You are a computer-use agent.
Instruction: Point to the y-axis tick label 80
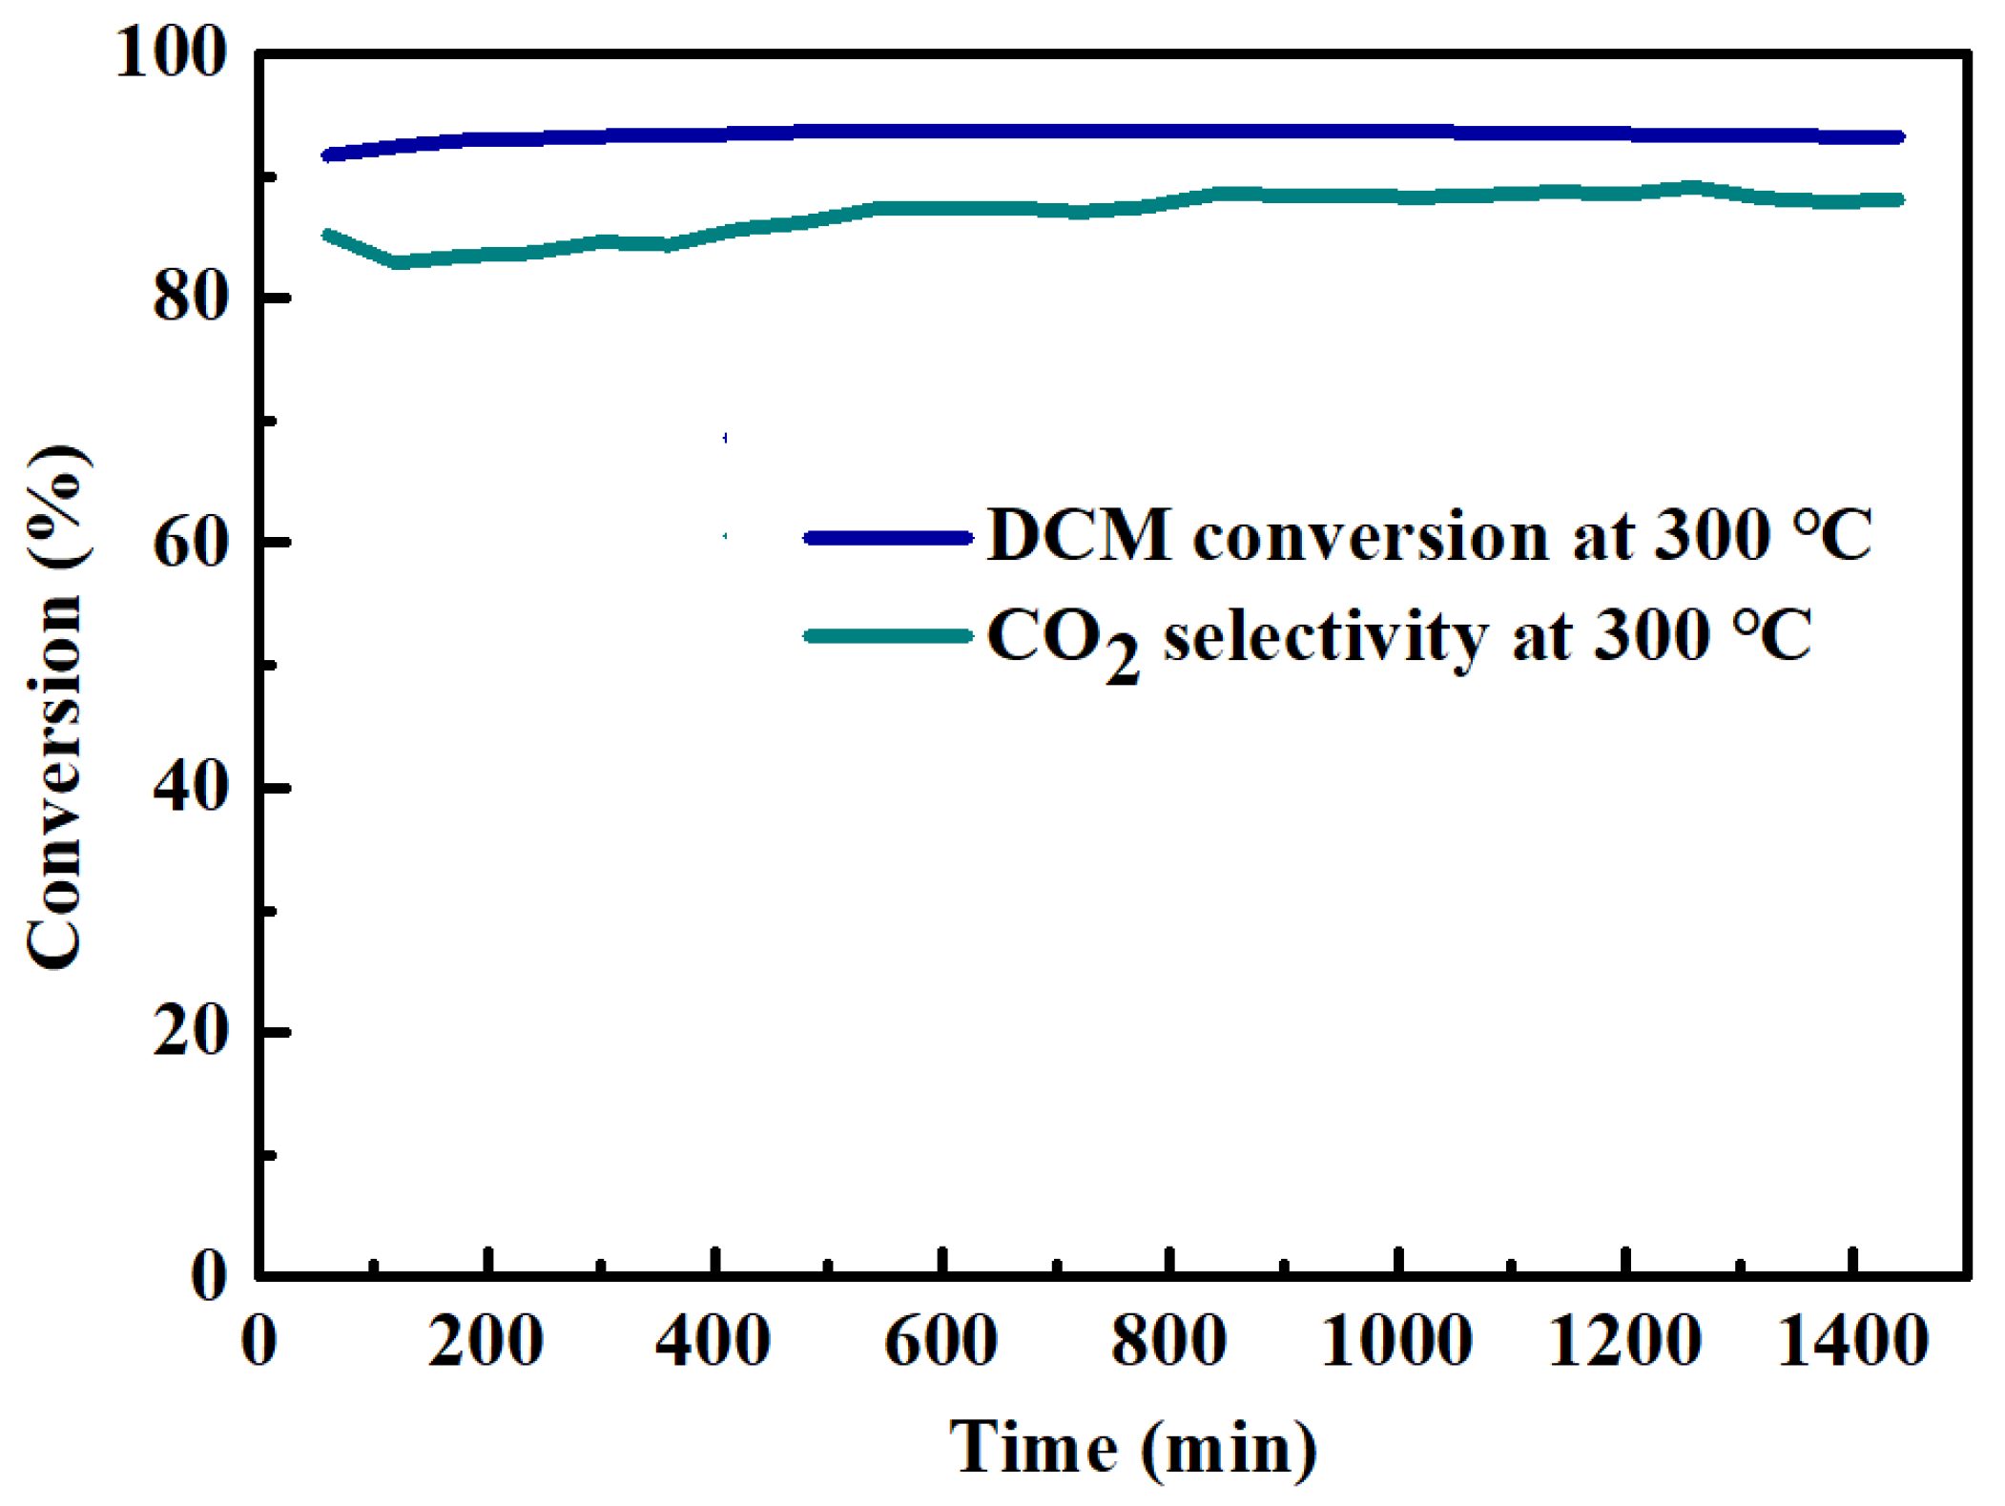(x=191, y=298)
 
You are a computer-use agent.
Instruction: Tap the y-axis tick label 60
(x=191, y=543)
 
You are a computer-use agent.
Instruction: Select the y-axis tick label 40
(x=191, y=788)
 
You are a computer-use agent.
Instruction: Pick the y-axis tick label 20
(x=191, y=1031)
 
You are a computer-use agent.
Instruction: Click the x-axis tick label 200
(x=486, y=1340)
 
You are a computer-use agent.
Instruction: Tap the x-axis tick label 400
(x=713, y=1340)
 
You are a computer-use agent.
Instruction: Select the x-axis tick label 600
(x=941, y=1340)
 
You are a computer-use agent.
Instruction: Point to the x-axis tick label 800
(x=1168, y=1340)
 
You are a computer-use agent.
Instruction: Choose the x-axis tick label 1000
(x=1396, y=1340)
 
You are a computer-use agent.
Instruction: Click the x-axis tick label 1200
(x=1624, y=1340)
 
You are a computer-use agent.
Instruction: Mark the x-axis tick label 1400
(x=1852, y=1340)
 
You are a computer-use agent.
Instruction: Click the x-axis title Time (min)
(x=1133, y=1448)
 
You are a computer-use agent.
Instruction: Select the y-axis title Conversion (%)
(x=55, y=706)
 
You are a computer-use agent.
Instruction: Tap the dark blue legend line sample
(x=887, y=538)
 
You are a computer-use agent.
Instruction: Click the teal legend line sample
(x=887, y=636)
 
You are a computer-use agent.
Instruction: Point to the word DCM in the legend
(x=1078, y=535)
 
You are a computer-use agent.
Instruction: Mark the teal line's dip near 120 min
(x=399, y=261)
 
